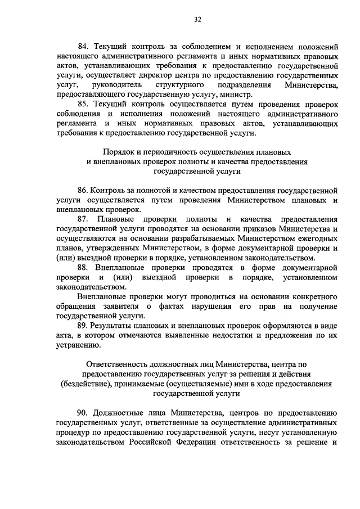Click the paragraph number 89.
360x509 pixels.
pyautogui.click(x=84, y=326)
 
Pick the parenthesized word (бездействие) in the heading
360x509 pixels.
pyautogui.click(x=89, y=385)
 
